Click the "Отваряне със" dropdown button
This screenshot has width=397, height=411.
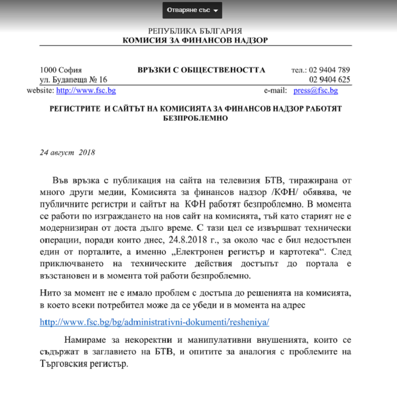(x=192, y=11)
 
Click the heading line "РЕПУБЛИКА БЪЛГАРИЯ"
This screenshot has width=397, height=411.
(x=195, y=31)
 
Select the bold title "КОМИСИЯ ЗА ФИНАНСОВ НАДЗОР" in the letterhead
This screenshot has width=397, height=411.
(x=195, y=40)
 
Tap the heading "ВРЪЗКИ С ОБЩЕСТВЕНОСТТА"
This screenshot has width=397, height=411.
(x=201, y=70)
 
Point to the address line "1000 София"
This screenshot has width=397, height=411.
(x=61, y=70)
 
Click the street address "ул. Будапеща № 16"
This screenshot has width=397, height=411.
(x=74, y=80)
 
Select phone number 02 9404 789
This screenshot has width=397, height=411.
(x=330, y=70)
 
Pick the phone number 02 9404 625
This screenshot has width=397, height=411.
(x=330, y=80)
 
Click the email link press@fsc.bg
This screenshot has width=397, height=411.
(x=316, y=90)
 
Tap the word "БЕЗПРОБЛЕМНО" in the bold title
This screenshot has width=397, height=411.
(x=195, y=119)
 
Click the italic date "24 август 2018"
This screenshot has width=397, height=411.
(x=67, y=153)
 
